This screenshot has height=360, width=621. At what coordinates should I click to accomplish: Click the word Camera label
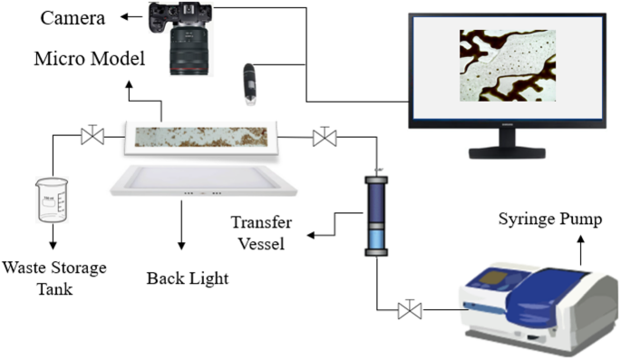point(73,17)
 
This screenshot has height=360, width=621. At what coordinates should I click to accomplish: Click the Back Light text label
point(187,277)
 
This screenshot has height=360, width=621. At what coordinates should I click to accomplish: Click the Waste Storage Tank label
point(53,277)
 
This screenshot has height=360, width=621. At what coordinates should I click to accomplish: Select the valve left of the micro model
point(92,137)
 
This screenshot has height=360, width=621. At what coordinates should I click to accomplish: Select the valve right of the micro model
point(322,137)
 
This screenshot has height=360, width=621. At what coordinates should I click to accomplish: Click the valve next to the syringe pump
point(410,311)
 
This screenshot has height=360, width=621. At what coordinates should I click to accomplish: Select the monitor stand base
point(505,154)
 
